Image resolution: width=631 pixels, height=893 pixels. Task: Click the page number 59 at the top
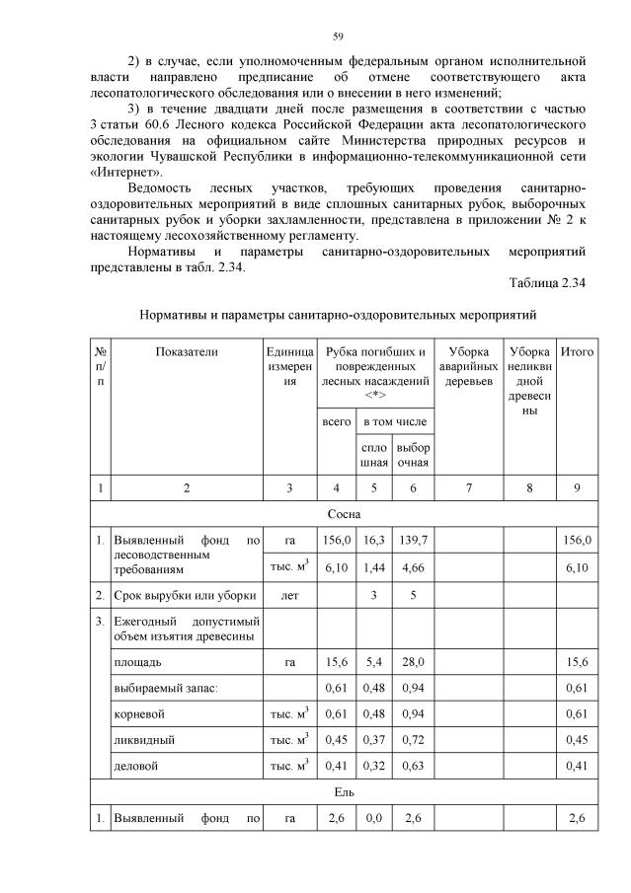338,37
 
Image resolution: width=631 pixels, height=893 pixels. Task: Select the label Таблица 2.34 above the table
547,282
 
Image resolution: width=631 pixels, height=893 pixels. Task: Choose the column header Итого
576,350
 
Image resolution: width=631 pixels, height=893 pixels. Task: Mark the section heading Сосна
343,514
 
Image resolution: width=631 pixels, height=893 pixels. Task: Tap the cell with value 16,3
373,541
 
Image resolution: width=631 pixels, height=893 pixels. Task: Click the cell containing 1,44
373,566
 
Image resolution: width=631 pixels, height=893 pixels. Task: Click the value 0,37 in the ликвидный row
373,738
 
